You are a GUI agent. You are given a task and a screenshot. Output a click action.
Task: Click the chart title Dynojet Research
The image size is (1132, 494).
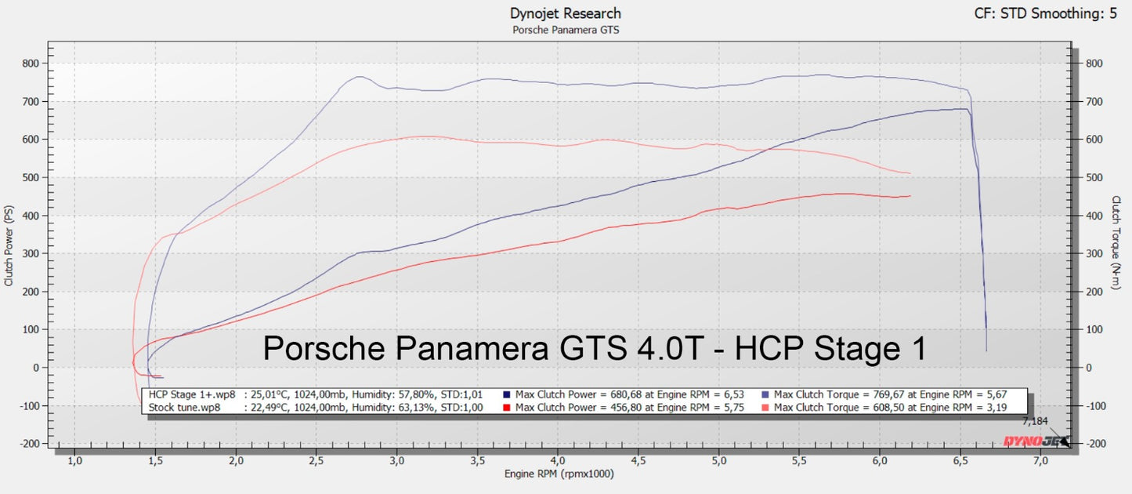click(565, 13)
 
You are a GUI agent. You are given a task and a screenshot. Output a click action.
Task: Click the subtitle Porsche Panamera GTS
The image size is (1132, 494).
click(565, 30)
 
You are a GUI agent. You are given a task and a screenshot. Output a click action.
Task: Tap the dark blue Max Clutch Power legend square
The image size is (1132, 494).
click(508, 394)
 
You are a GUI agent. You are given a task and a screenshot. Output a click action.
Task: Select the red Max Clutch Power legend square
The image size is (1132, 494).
click(508, 407)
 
